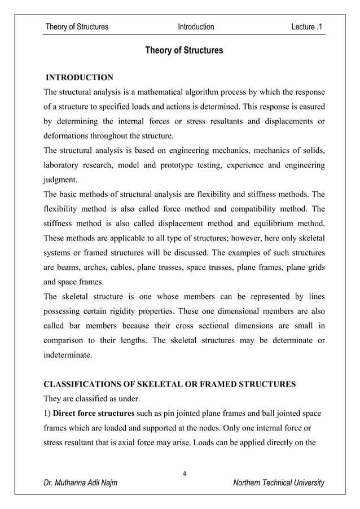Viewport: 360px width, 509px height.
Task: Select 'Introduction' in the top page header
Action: pos(196,27)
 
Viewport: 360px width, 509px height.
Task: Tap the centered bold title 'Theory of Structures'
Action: pos(184,51)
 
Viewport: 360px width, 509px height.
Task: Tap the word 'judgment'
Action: pos(60,180)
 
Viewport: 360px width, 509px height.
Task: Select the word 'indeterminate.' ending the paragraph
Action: pos(69,356)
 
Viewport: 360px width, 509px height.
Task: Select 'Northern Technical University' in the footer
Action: pos(279,483)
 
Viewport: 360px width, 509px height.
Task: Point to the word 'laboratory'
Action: pos(64,165)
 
